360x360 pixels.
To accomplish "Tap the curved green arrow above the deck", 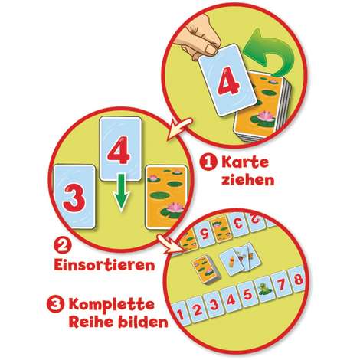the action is [x=270, y=51].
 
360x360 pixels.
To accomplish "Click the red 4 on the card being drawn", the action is [x=228, y=83].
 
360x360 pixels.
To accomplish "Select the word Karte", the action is [x=245, y=162].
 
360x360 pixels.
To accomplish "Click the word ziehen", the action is [x=248, y=180].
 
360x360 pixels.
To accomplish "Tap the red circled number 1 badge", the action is [x=208, y=163].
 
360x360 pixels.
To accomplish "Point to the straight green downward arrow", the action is [x=121, y=193].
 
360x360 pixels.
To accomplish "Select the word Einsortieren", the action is [x=105, y=265].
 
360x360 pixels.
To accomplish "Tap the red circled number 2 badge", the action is [x=61, y=247].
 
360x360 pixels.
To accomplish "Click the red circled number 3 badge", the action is [x=55, y=305].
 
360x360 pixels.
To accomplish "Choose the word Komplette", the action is [x=112, y=306].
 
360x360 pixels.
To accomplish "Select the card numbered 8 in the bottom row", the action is [x=298, y=280].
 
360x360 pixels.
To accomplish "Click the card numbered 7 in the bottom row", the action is [x=281, y=284].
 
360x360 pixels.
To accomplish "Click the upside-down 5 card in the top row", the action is [x=205, y=234].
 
